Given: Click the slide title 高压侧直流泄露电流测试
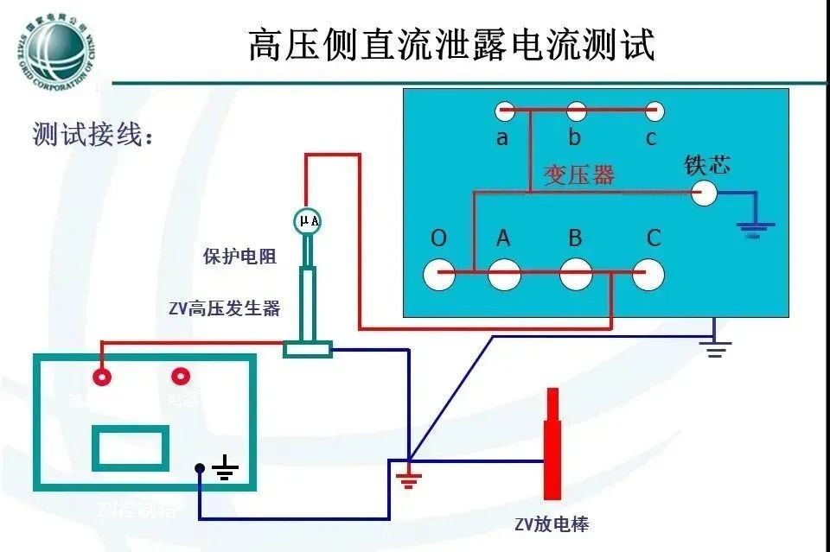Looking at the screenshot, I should point(452,45).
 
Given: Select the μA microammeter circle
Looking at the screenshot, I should point(309,221).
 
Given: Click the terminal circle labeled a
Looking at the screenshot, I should point(505,111).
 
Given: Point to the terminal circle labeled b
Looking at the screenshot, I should point(576,111).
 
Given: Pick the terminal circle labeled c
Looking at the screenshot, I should point(654,111).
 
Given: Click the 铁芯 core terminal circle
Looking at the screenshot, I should point(704,193).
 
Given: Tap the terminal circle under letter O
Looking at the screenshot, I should point(439,275).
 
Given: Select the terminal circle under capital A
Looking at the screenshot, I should point(504,275).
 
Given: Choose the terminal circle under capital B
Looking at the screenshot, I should point(576,275).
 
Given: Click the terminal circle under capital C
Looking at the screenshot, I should point(649,275).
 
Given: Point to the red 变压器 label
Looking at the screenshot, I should point(579,175).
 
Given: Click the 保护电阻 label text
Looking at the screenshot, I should point(239,257).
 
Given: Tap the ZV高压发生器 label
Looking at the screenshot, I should point(224,308).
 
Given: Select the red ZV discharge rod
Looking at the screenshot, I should point(552,444).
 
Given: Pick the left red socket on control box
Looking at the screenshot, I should point(102,377).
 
